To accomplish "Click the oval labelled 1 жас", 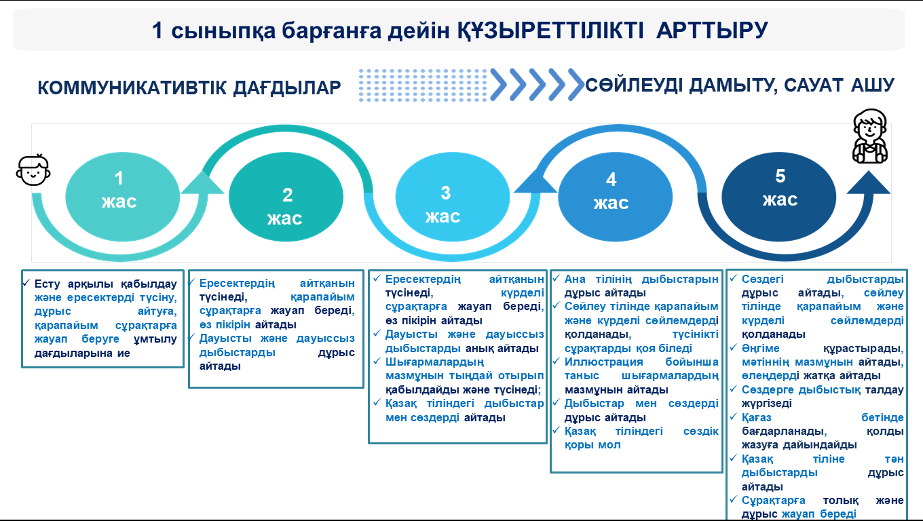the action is coord(122,197).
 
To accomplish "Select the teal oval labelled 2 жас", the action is coord(286,197).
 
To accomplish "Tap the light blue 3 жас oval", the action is coord(453,197).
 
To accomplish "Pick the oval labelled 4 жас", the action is coord(615,197).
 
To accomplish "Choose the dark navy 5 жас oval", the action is coord(779,197).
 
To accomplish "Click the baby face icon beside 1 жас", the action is coord(33,170).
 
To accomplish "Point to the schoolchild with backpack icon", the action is coord(870,136).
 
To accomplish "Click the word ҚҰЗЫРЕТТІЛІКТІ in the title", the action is coord(550,31).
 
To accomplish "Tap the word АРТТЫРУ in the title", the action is coord(712,30).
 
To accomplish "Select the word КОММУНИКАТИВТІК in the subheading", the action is coord(132,88).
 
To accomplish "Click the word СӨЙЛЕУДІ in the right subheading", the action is coord(635,85).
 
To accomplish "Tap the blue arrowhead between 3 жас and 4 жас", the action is coord(535,181).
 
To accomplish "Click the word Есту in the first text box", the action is coord(48,284).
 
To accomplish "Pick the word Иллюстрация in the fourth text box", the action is coord(603,362).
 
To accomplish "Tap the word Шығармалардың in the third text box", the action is coord(435,362).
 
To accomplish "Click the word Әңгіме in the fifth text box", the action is coord(761,349).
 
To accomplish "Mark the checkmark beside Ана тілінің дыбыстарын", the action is coord(556,278).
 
